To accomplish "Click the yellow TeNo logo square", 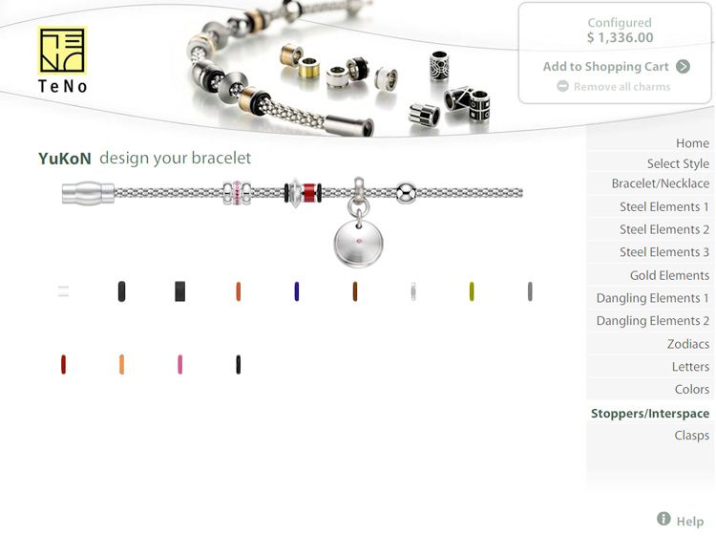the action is pyautogui.click(x=62, y=51).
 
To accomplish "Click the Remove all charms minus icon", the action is pyautogui.click(x=562, y=86).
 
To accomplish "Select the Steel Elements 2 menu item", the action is pyautogui.click(x=663, y=229).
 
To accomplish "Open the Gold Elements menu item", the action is pyautogui.click(x=669, y=275).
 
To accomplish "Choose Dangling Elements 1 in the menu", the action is pyautogui.click(x=653, y=298).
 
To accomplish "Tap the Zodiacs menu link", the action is pyautogui.click(x=688, y=344).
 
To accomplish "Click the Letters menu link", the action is pyautogui.click(x=690, y=367).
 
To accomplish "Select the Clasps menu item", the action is pyautogui.click(x=692, y=435).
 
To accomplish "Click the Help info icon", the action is pyautogui.click(x=663, y=519).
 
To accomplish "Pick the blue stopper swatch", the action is pyautogui.click(x=297, y=291).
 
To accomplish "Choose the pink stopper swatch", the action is pyautogui.click(x=179, y=365).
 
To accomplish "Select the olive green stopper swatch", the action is pyautogui.click(x=472, y=291).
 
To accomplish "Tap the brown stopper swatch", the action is pyautogui.click(x=355, y=291).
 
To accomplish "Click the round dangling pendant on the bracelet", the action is pyautogui.click(x=358, y=243).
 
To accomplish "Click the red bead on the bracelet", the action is pyautogui.click(x=309, y=193).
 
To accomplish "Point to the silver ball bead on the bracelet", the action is pyautogui.click(x=406, y=193).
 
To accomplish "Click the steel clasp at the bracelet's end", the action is pyautogui.click(x=88, y=193).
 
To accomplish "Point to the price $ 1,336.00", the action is pyautogui.click(x=621, y=37).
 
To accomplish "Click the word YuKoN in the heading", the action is pyautogui.click(x=65, y=159).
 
